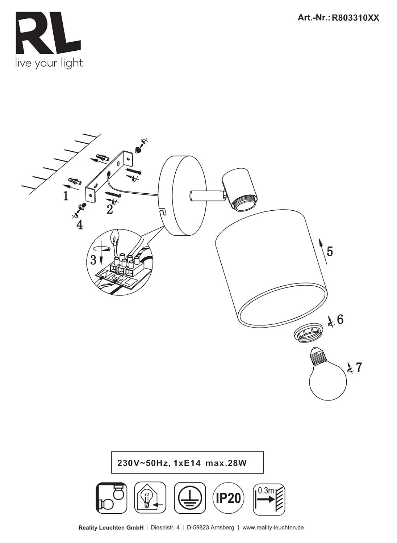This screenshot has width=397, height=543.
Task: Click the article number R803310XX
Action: [x=355, y=18]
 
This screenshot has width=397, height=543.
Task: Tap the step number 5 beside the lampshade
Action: [x=330, y=251]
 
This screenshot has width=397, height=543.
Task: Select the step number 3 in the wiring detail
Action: [x=93, y=260]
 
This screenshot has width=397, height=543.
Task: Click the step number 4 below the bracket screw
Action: [x=80, y=225]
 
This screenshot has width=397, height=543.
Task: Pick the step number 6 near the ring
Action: [x=340, y=320]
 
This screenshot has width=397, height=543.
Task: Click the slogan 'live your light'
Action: [x=49, y=63]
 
